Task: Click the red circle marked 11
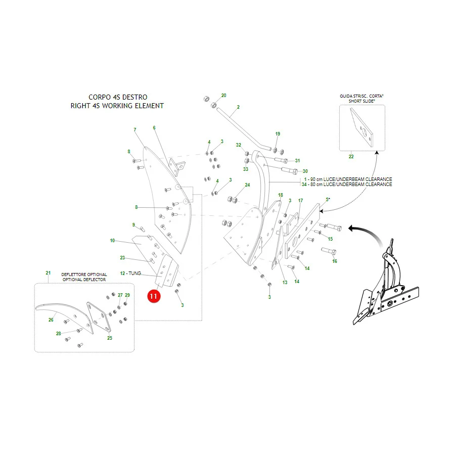point(154,296)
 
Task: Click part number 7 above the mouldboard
point(135,130)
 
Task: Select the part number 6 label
point(154,128)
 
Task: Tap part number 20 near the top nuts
point(224,95)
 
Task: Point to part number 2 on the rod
point(238,107)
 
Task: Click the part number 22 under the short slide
point(351,156)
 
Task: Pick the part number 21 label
point(48,273)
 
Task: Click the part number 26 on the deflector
point(51,320)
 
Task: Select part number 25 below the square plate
point(110,338)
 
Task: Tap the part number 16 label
point(335,261)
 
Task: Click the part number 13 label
point(285,282)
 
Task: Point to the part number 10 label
point(112,240)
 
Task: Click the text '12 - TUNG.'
point(130,274)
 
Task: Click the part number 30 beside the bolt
point(305,171)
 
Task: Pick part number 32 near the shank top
point(239,145)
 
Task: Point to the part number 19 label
point(278,134)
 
